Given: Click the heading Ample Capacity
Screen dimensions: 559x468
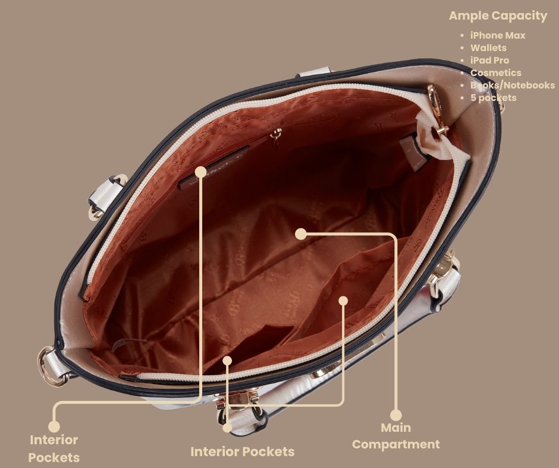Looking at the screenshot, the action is [x=498, y=16].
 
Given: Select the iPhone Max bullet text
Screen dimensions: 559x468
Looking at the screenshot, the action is [x=498, y=35].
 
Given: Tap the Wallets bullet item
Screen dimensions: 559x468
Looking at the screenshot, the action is [x=488, y=48].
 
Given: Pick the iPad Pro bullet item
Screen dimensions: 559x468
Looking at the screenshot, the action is [x=489, y=60].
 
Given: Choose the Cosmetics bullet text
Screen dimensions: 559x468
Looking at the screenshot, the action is [x=495, y=72].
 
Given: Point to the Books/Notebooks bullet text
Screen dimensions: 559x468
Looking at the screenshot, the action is [x=512, y=85].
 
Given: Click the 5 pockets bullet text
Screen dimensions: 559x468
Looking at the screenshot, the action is [x=493, y=97].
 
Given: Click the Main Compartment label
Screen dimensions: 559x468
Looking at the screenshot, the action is [x=395, y=436].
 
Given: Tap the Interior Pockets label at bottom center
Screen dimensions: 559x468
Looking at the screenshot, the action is [x=243, y=451].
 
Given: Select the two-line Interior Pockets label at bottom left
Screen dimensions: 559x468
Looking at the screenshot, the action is [x=54, y=448].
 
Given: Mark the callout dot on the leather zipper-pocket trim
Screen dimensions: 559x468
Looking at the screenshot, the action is [x=201, y=172].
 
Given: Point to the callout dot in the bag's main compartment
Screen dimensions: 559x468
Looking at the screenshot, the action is [x=301, y=234].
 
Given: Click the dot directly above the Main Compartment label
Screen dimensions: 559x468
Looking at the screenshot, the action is [x=395, y=415].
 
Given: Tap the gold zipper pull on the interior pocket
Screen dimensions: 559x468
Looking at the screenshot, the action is [x=275, y=136].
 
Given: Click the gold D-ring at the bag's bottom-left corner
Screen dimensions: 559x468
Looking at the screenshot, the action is [x=50, y=367].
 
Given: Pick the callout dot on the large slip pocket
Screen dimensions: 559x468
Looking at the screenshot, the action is [x=343, y=301].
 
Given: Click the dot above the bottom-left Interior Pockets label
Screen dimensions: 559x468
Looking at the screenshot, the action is [x=54, y=426].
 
